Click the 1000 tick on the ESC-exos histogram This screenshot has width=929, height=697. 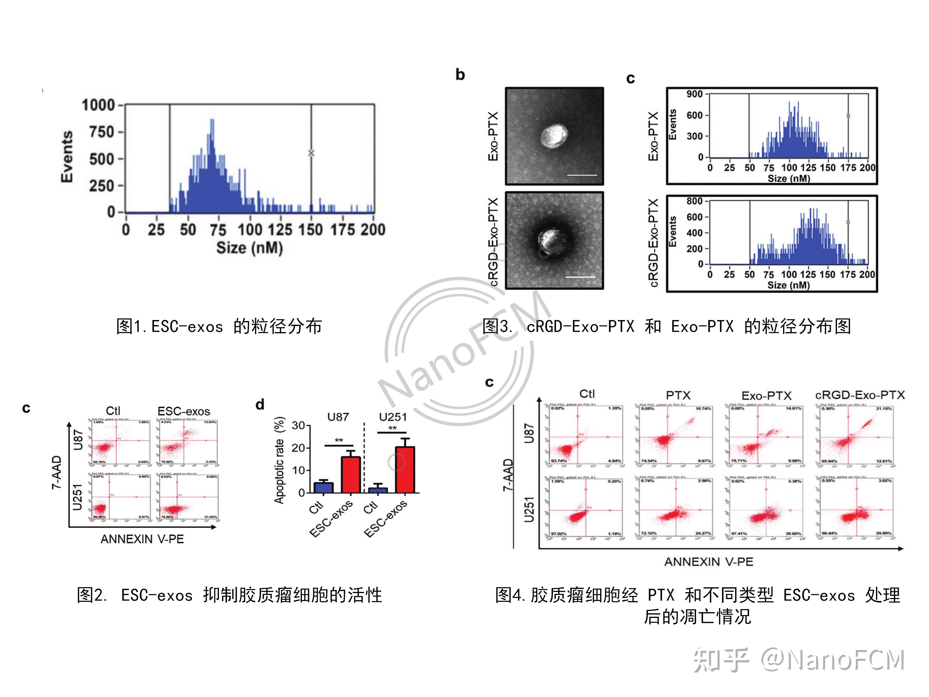98,105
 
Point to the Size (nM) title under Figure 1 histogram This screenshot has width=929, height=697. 250,248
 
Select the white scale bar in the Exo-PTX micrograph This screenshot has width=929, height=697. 582,175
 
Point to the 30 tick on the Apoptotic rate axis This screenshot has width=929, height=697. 299,425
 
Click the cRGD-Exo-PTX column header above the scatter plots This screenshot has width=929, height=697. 860,395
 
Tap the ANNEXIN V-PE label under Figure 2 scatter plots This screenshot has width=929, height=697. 142,539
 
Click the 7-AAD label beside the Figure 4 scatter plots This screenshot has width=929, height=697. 508,475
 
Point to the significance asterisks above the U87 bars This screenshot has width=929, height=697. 339,440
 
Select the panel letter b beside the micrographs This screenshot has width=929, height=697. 460,75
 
